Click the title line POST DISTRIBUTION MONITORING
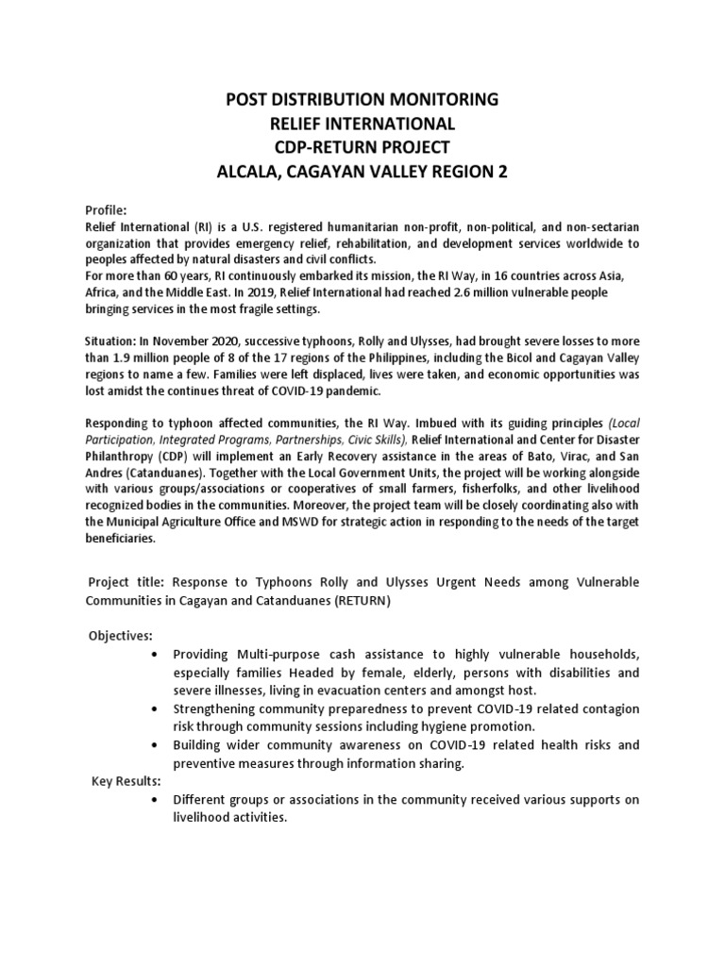click(x=362, y=99)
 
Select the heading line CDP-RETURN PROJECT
click(x=362, y=147)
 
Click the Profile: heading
click(x=106, y=210)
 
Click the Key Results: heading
click(x=126, y=782)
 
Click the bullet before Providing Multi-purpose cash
click(x=153, y=655)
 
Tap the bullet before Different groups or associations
click(x=153, y=801)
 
